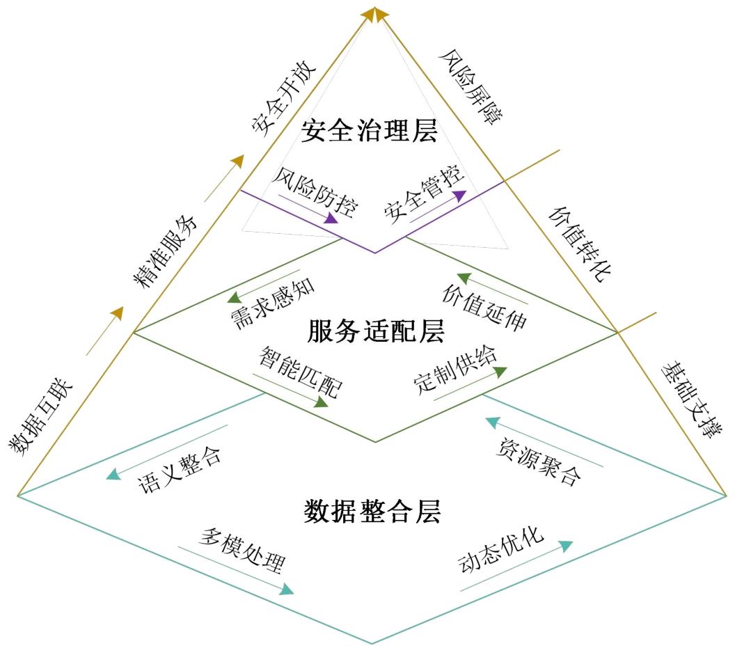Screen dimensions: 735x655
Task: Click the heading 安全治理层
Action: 369,130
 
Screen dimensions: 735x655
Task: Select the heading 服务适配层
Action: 375,331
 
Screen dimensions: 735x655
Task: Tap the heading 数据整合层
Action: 372,511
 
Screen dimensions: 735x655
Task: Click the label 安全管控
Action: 424,194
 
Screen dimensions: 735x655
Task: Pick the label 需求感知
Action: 273,305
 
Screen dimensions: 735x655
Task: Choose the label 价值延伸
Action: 484,308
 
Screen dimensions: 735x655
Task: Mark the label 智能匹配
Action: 301,372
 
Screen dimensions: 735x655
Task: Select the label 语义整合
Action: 180,470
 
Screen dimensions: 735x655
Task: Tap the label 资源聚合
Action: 539,461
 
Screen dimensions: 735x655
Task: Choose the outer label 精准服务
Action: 164,251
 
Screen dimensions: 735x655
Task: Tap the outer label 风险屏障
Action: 471,87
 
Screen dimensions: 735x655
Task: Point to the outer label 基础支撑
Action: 688,399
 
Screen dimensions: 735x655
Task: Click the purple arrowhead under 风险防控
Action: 332,219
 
